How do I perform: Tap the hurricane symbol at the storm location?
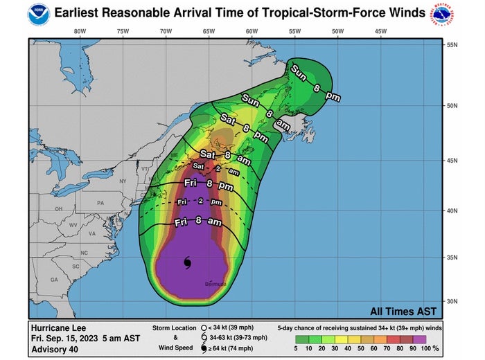[x=188, y=262]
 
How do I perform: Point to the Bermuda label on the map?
[x=215, y=285]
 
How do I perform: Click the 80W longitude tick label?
[x=80, y=31]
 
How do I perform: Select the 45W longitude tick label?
[x=380, y=31]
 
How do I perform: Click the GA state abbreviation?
[x=54, y=280]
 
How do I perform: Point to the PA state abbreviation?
[x=100, y=203]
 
